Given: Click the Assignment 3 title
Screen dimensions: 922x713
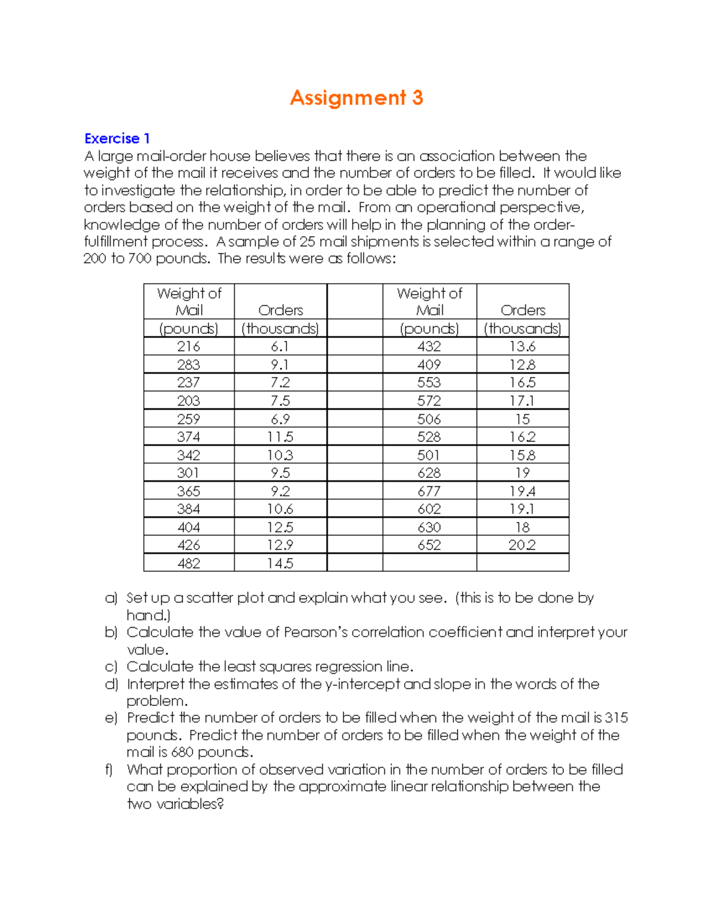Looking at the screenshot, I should (x=356, y=98).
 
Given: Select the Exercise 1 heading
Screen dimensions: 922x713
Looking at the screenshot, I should (x=117, y=139).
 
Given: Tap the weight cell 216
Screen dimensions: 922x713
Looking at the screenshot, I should (x=188, y=347).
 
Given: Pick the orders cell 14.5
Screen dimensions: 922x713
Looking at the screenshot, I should (x=280, y=563).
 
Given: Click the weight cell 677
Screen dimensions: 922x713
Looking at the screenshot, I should (x=429, y=492).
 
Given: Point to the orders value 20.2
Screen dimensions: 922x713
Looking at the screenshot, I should (x=522, y=546).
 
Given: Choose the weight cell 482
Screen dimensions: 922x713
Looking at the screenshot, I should (x=188, y=563).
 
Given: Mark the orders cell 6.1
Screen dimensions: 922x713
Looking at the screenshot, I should (x=280, y=347).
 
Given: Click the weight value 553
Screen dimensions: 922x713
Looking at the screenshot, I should (x=429, y=383).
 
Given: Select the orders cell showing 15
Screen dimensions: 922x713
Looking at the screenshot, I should (x=522, y=419).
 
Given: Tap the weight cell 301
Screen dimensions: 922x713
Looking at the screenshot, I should (x=188, y=473).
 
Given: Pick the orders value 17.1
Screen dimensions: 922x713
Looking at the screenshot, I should (x=522, y=401).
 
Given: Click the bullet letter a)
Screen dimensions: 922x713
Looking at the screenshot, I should (x=111, y=598).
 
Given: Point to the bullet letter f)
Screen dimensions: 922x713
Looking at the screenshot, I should (x=109, y=770).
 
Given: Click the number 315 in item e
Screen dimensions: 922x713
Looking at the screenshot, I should (x=616, y=718).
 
